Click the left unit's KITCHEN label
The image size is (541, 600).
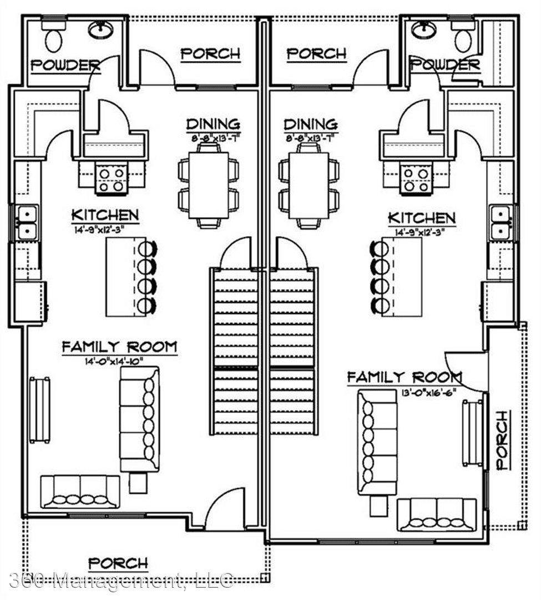tap(105, 215)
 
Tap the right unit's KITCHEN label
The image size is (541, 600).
tap(422, 217)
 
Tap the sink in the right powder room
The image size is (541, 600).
tap(424, 29)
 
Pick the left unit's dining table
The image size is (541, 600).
tap(208, 185)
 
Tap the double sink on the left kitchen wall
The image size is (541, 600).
tap(27, 222)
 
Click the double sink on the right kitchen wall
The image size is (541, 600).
tap(500, 222)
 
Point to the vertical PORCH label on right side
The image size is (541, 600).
tap(502, 441)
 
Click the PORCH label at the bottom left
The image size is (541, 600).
tap(118, 563)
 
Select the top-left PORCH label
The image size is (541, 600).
tap(211, 53)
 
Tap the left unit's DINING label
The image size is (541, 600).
tap(213, 123)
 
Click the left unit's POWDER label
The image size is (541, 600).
tap(65, 65)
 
